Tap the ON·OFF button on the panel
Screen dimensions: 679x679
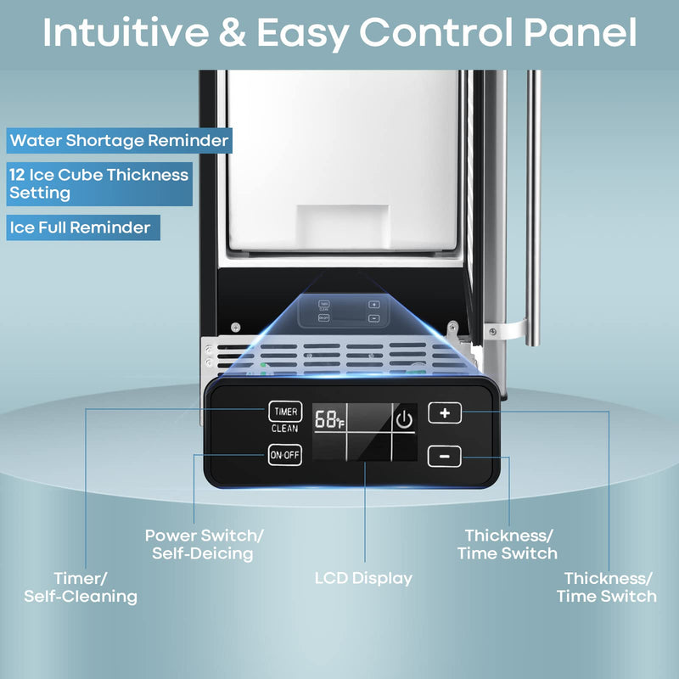pyautogui.click(x=284, y=456)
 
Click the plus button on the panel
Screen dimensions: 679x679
pyautogui.click(x=444, y=413)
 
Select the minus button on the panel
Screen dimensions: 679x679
pyautogui.click(x=444, y=457)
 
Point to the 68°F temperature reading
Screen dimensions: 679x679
pyautogui.click(x=328, y=419)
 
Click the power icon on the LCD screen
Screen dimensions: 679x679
pyautogui.click(x=404, y=419)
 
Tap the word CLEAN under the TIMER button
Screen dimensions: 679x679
pyautogui.click(x=284, y=429)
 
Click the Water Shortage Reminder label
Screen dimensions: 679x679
pyautogui.click(x=119, y=140)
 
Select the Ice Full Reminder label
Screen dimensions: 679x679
pyautogui.click(x=83, y=227)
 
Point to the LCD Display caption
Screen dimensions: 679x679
pyautogui.click(x=363, y=578)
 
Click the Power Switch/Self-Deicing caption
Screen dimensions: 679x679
pyautogui.click(x=204, y=544)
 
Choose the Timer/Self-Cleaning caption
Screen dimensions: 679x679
pyautogui.click(x=81, y=587)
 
